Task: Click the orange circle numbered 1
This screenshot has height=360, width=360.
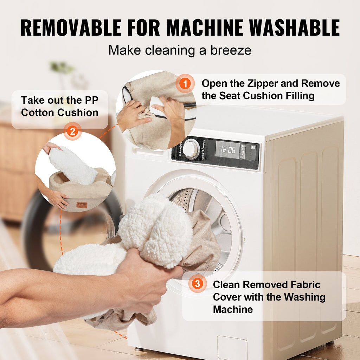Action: (x=185, y=83)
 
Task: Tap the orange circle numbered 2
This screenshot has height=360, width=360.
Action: (x=72, y=131)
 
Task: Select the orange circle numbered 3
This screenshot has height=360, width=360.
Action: (x=198, y=284)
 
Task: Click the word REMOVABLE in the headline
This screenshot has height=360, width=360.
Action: (x=71, y=28)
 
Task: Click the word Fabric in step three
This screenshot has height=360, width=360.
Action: (x=306, y=285)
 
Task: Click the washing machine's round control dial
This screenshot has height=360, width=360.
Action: (x=190, y=149)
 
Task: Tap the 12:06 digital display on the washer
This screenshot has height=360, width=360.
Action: (x=228, y=150)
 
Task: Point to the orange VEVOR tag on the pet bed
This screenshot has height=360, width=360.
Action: (x=82, y=205)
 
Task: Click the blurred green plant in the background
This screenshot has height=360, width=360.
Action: (x=62, y=67)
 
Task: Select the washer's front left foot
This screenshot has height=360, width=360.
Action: (x=139, y=349)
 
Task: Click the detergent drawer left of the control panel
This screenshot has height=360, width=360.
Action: (x=148, y=152)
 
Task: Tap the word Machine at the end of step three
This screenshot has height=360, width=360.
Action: (x=233, y=309)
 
